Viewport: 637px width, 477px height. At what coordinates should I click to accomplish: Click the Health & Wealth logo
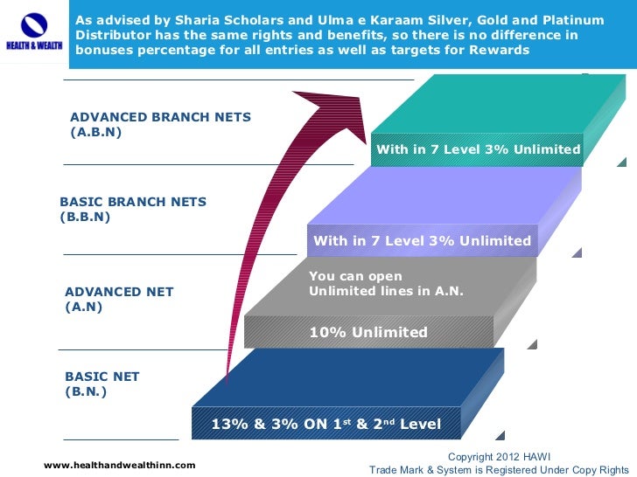tap(32, 32)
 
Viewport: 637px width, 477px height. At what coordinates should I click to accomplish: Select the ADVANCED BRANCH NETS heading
tap(160, 117)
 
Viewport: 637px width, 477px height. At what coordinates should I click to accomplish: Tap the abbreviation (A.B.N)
tap(95, 133)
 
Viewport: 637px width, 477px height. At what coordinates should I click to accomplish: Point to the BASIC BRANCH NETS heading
tap(132, 202)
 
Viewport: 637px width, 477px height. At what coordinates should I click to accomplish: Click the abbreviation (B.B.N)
tap(85, 218)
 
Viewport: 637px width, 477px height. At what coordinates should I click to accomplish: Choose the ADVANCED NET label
tap(119, 292)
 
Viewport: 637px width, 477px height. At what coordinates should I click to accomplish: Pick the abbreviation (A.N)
tap(84, 308)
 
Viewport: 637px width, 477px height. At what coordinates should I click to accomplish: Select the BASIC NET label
tap(102, 377)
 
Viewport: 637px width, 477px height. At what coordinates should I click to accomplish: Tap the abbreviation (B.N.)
tap(86, 392)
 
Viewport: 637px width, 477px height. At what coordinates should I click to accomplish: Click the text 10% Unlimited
tap(368, 332)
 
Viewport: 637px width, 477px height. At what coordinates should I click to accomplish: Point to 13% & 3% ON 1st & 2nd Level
tap(326, 425)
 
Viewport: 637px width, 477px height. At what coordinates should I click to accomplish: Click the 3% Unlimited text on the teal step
tap(478, 149)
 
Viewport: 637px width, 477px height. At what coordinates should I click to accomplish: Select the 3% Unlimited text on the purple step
tap(422, 240)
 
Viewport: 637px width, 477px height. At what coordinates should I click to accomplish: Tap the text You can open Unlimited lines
tap(386, 283)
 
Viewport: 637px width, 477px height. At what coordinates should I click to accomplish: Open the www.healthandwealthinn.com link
tap(120, 465)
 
